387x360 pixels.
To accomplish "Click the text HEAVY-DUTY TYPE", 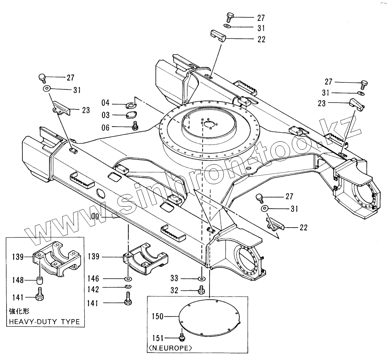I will [x=44, y=322].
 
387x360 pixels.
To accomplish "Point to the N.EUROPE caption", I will [x=170, y=348].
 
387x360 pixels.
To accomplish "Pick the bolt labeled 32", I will [x=201, y=289].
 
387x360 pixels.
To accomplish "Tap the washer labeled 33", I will [x=201, y=278].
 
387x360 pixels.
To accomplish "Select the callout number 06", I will [x=106, y=127].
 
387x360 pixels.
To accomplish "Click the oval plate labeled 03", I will [x=131, y=115].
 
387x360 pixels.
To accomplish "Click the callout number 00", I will [x=95, y=217].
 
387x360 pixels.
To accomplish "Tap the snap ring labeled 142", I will [x=128, y=287].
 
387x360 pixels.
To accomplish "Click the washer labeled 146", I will [x=128, y=278].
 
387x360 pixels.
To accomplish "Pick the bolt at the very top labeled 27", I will [x=228, y=17].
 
